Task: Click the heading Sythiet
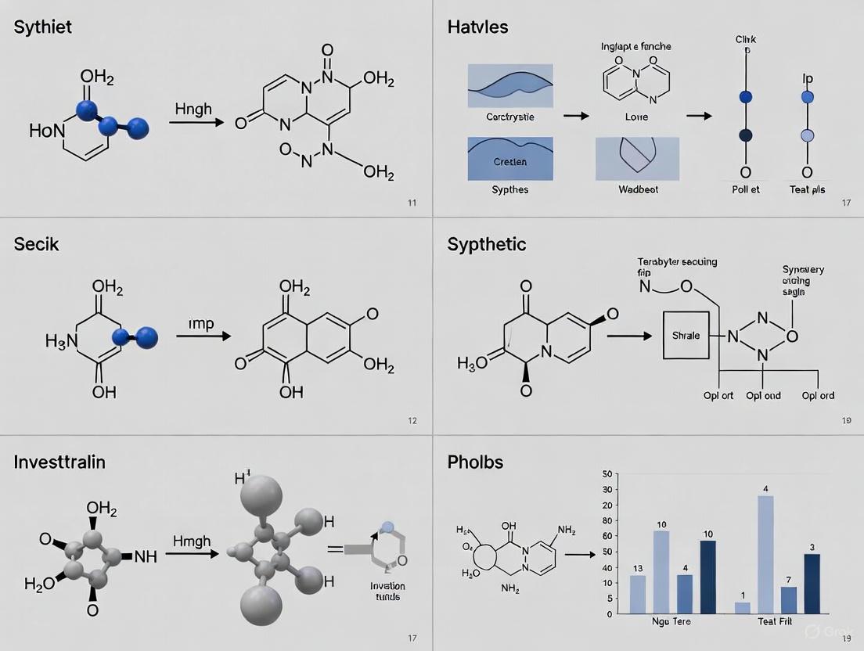(43, 27)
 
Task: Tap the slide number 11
(412, 203)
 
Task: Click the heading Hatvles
(477, 27)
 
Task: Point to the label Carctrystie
(509, 117)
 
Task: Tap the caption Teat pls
(807, 189)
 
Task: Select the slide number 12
(412, 421)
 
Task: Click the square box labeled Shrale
(686, 335)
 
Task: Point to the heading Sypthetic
(487, 245)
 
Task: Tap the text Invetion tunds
(387, 592)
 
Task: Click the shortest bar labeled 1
(742, 607)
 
